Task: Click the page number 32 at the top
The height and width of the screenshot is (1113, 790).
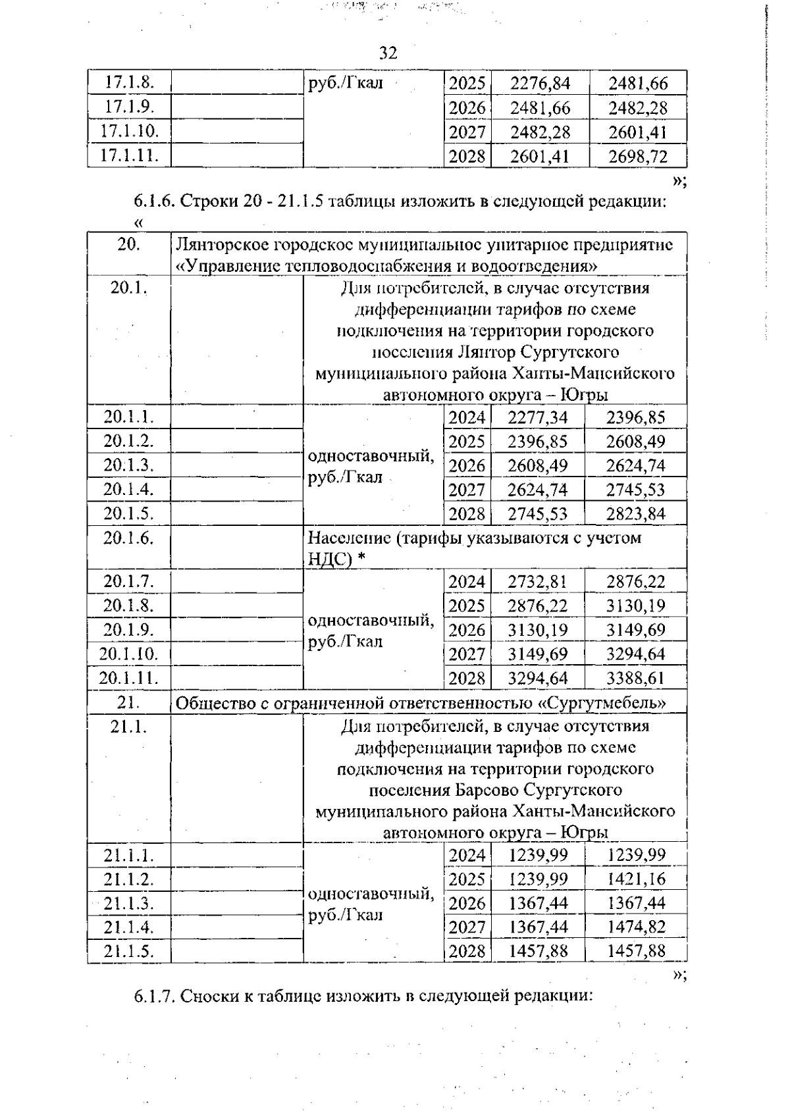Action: click(388, 53)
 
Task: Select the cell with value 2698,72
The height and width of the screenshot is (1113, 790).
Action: click(637, 157)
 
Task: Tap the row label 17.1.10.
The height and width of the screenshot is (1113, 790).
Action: click(129, 131)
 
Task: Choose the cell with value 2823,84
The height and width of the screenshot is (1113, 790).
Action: click(635, 514)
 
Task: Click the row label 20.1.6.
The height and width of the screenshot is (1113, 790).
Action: click(128, 538)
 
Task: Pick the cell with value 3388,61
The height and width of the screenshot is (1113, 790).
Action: click(635, 679)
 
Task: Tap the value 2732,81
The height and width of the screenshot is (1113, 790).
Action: click(537, 582)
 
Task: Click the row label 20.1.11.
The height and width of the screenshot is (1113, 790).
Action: click(128, 678)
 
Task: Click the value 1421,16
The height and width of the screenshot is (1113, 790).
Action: click(636, 879)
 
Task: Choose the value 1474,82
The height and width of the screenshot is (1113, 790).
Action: click(636, 927)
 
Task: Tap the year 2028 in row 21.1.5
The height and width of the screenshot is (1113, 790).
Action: click(467, 952)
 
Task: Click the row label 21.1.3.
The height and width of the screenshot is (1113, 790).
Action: click(128, 903)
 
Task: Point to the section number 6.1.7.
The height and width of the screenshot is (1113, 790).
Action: click(154, 997)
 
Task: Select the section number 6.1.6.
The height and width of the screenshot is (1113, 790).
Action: click(154, 201)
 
